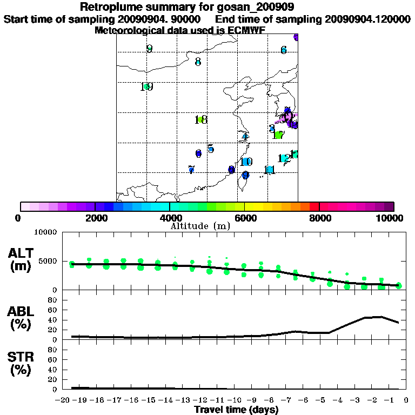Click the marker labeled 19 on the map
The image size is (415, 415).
[146, 86]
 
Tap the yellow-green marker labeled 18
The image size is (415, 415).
[200, 119]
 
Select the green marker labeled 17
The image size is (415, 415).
[279, 135]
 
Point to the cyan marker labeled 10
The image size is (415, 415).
[246, 162]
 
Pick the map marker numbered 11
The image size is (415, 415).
[270, 170]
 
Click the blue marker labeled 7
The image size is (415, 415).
[191, 170]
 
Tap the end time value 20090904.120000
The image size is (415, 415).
[367, 19]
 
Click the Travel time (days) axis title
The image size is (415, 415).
[236, 410]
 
